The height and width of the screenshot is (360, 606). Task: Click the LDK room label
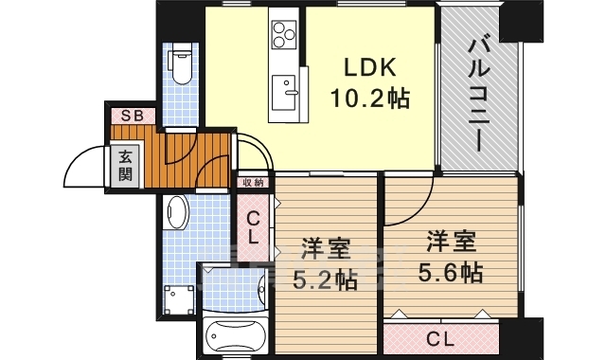pyautogui.click(x=370, y=67)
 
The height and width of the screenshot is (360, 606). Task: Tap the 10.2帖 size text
pyautogui.click(x=370, y=99)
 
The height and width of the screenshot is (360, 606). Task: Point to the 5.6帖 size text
pyautogui.click(x=451, y=272)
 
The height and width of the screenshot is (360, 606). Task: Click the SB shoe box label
pyautogui.click(x=133, y=116)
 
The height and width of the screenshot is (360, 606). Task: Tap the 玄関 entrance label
pyautogui.click(x=125, y=165)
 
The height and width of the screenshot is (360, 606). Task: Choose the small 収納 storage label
pyautogui.click(x=253, y=182)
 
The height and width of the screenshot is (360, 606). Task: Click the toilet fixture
pyautogui.click(x=182, y=63)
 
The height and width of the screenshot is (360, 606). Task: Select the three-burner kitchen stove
pyautogui.click(x=284, y=34)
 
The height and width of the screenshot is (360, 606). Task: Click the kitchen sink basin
pyautogui.click(x=284, y=93)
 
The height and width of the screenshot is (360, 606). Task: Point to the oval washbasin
pyautogui.click(x=176, y=212)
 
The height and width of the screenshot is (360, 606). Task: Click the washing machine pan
pyautogui.click(x=179, y=300)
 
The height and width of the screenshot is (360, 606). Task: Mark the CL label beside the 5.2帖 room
pyautogui.click(x=253, y=227)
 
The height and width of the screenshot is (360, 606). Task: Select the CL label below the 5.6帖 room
pyautogui.click(x=440, y=340)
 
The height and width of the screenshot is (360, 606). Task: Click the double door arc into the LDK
pyautogui.click(x=257, y=146)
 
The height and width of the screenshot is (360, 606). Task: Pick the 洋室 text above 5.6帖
pyautogui.click(x=451, y=242)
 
